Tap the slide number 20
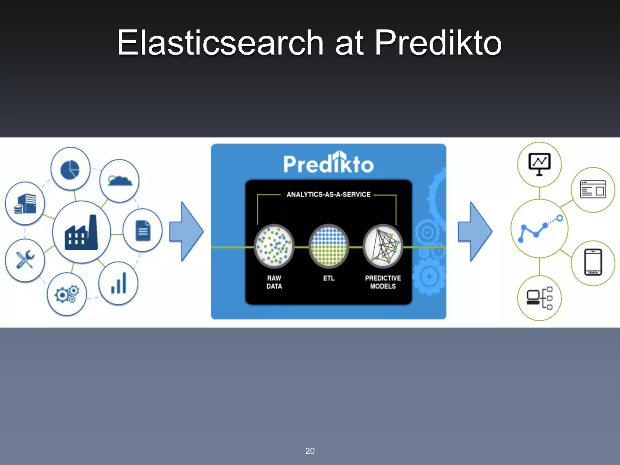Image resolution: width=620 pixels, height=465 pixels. click(310, 451)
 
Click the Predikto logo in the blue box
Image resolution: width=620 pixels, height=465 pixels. click(328, 163)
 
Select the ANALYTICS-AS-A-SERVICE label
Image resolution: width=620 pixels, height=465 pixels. click(328, 194)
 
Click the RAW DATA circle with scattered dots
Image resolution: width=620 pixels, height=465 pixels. click(274, 246)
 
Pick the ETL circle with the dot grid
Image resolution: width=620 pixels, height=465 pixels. click(329, 246)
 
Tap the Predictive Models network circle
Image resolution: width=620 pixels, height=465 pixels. click(383, 246)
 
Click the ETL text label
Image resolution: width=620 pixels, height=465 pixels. click(329, 278)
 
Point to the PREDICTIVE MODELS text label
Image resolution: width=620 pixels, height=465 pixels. click(383, 282)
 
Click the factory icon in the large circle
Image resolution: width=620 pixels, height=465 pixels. click(81, 232)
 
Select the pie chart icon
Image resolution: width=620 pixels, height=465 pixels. click(70, 169)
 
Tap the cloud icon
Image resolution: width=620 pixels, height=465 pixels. click(120, 181)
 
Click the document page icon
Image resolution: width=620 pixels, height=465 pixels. click(143, 231)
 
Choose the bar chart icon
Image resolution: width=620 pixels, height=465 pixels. click(119, 283)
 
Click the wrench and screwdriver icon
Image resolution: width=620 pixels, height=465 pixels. click(25, 260)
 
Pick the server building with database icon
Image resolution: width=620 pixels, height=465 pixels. click(25, 204)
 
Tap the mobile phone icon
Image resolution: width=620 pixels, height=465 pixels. click(593, 262)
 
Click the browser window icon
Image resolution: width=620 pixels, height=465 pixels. click(593, 190)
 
